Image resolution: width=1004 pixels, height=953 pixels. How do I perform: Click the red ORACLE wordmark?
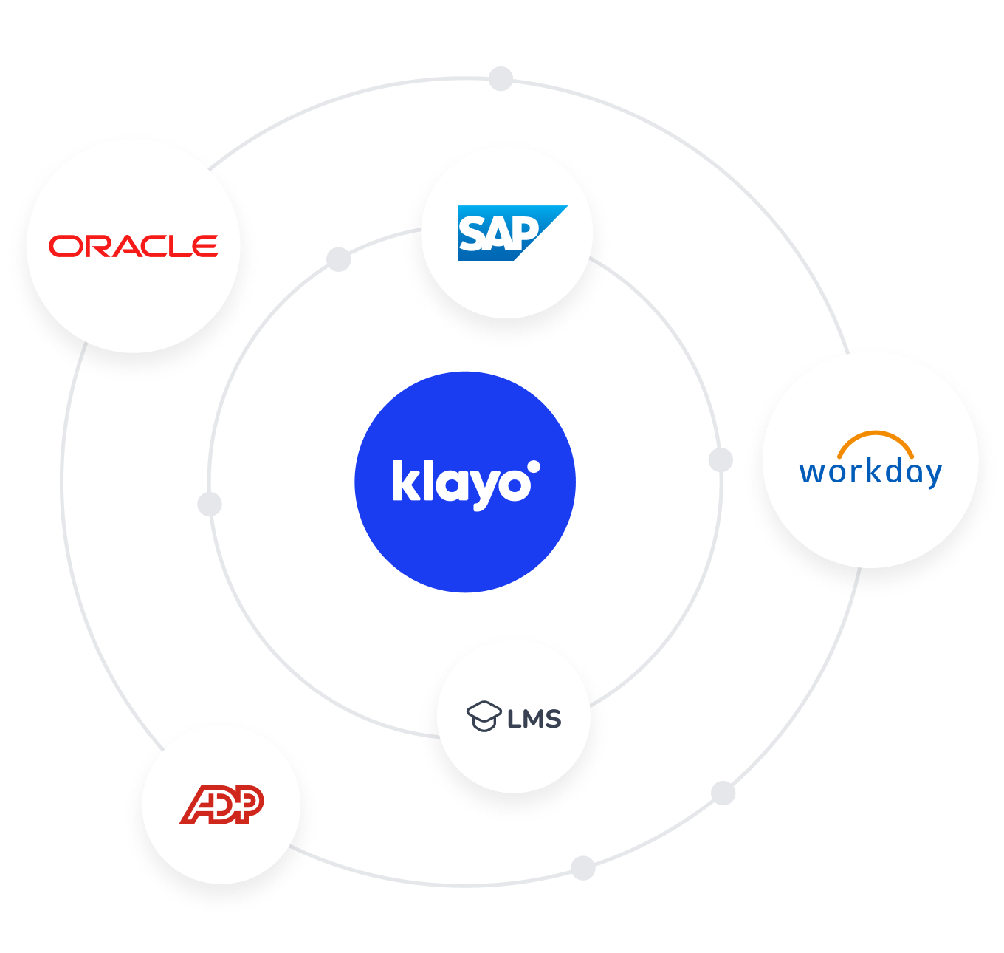(133, 246)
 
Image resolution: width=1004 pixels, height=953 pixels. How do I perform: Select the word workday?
(870, 472)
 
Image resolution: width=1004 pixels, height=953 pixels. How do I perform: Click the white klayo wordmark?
(461, 484)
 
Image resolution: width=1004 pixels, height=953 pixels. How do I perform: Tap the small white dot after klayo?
(534, 467)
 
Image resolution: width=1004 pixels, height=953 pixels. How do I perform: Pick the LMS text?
(534, 718)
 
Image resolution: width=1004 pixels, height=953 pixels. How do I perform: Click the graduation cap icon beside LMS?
(484, 716)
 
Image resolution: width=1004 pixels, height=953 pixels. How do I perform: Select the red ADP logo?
(221, 805)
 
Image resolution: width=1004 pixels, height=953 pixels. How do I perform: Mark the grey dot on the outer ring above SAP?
(501, 78)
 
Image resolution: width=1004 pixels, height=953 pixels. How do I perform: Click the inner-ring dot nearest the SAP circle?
(339, 259)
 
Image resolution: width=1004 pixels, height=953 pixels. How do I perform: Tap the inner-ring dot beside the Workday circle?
(721, 460)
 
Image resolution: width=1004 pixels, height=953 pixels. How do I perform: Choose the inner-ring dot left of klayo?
(210, 505)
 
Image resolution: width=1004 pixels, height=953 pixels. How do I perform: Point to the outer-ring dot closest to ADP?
(583, 868)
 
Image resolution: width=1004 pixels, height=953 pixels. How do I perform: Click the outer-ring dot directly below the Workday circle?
(723, 793)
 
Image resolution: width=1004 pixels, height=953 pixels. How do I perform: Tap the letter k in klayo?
(403, 481)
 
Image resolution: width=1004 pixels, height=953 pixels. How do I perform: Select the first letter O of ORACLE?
(62, 246)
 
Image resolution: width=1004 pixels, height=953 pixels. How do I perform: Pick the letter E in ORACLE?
(204, 246)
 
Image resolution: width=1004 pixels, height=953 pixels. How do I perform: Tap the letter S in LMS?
(552, 719)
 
